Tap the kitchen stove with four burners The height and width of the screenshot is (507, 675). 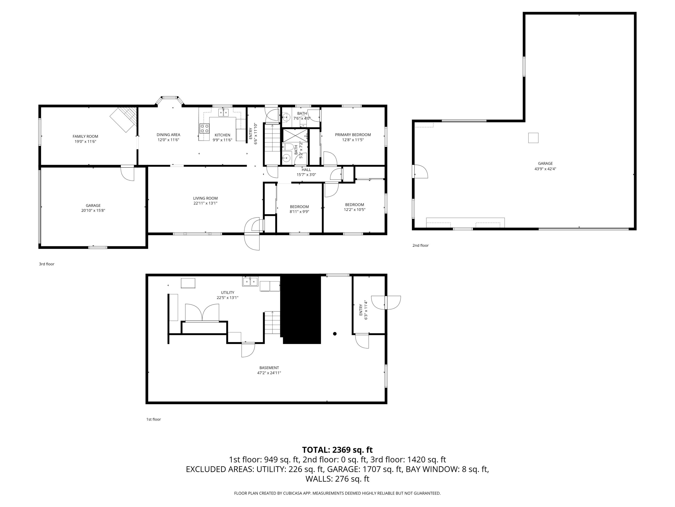[x=205, y=128]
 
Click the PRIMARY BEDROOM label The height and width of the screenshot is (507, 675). [x=353, y=135]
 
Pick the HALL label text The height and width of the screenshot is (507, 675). [x=306, y=170]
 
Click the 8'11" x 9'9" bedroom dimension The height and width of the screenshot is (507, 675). [x=299, y=212]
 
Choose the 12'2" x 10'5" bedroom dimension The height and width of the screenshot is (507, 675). [x=354, y=210]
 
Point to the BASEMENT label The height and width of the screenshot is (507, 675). [x=269, y=368]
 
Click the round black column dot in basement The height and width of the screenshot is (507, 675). [x=335, y=334]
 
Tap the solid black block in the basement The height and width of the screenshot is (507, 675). [x=301, y=309]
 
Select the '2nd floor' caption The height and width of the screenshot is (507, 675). [x=420, y=245]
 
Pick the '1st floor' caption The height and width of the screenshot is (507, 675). [x=153, y=419]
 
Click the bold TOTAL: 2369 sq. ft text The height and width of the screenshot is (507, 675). [x=337, y=450]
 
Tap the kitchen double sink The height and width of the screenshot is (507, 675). [x=223, y=112]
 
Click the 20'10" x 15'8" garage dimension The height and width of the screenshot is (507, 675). [x=93, y=210]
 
